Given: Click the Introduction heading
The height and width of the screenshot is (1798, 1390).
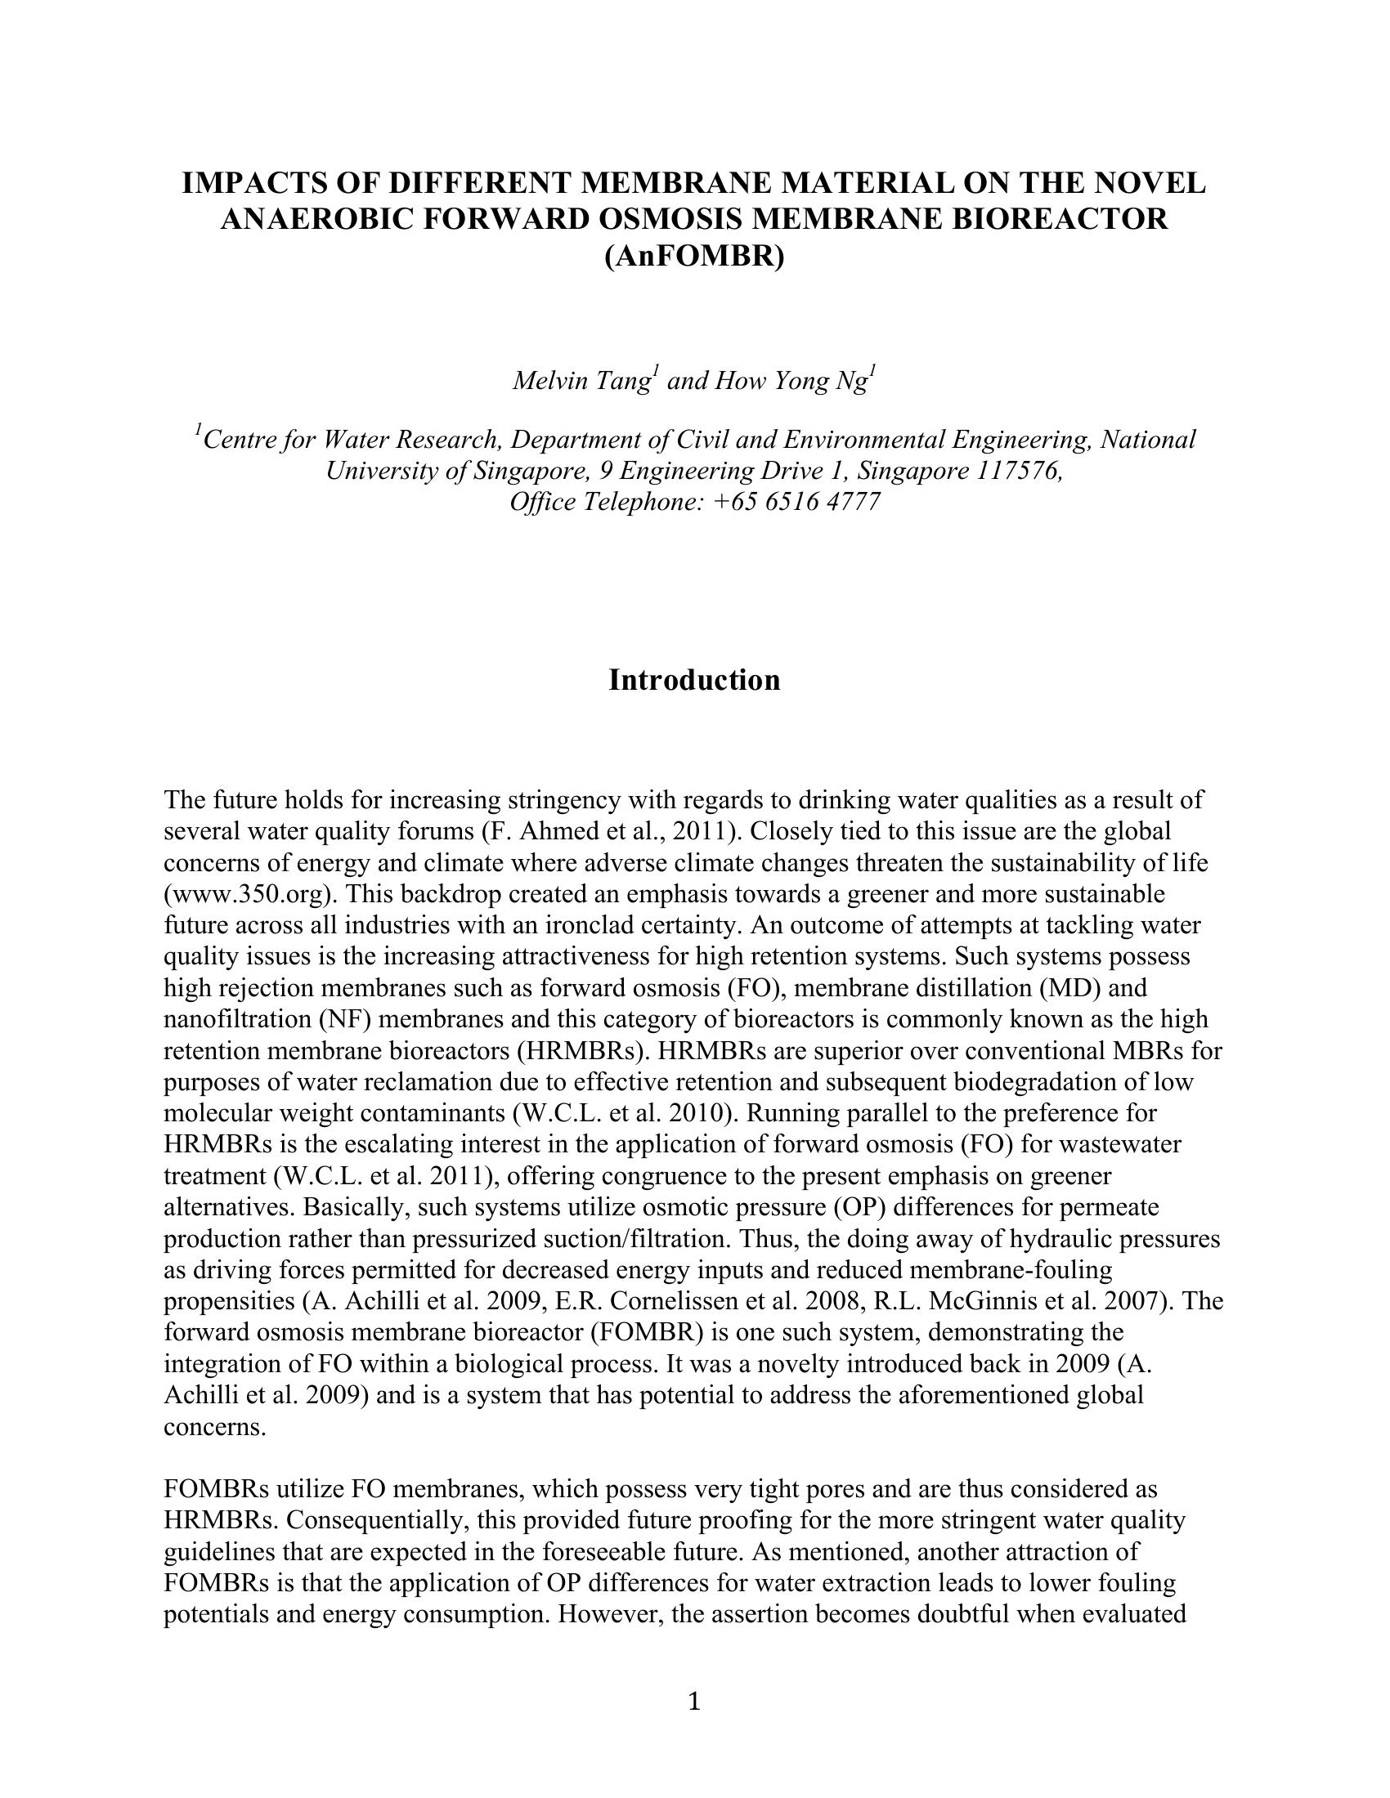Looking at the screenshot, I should click(694, 680).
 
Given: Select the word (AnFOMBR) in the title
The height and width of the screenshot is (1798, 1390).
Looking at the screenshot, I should click(694, 257).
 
